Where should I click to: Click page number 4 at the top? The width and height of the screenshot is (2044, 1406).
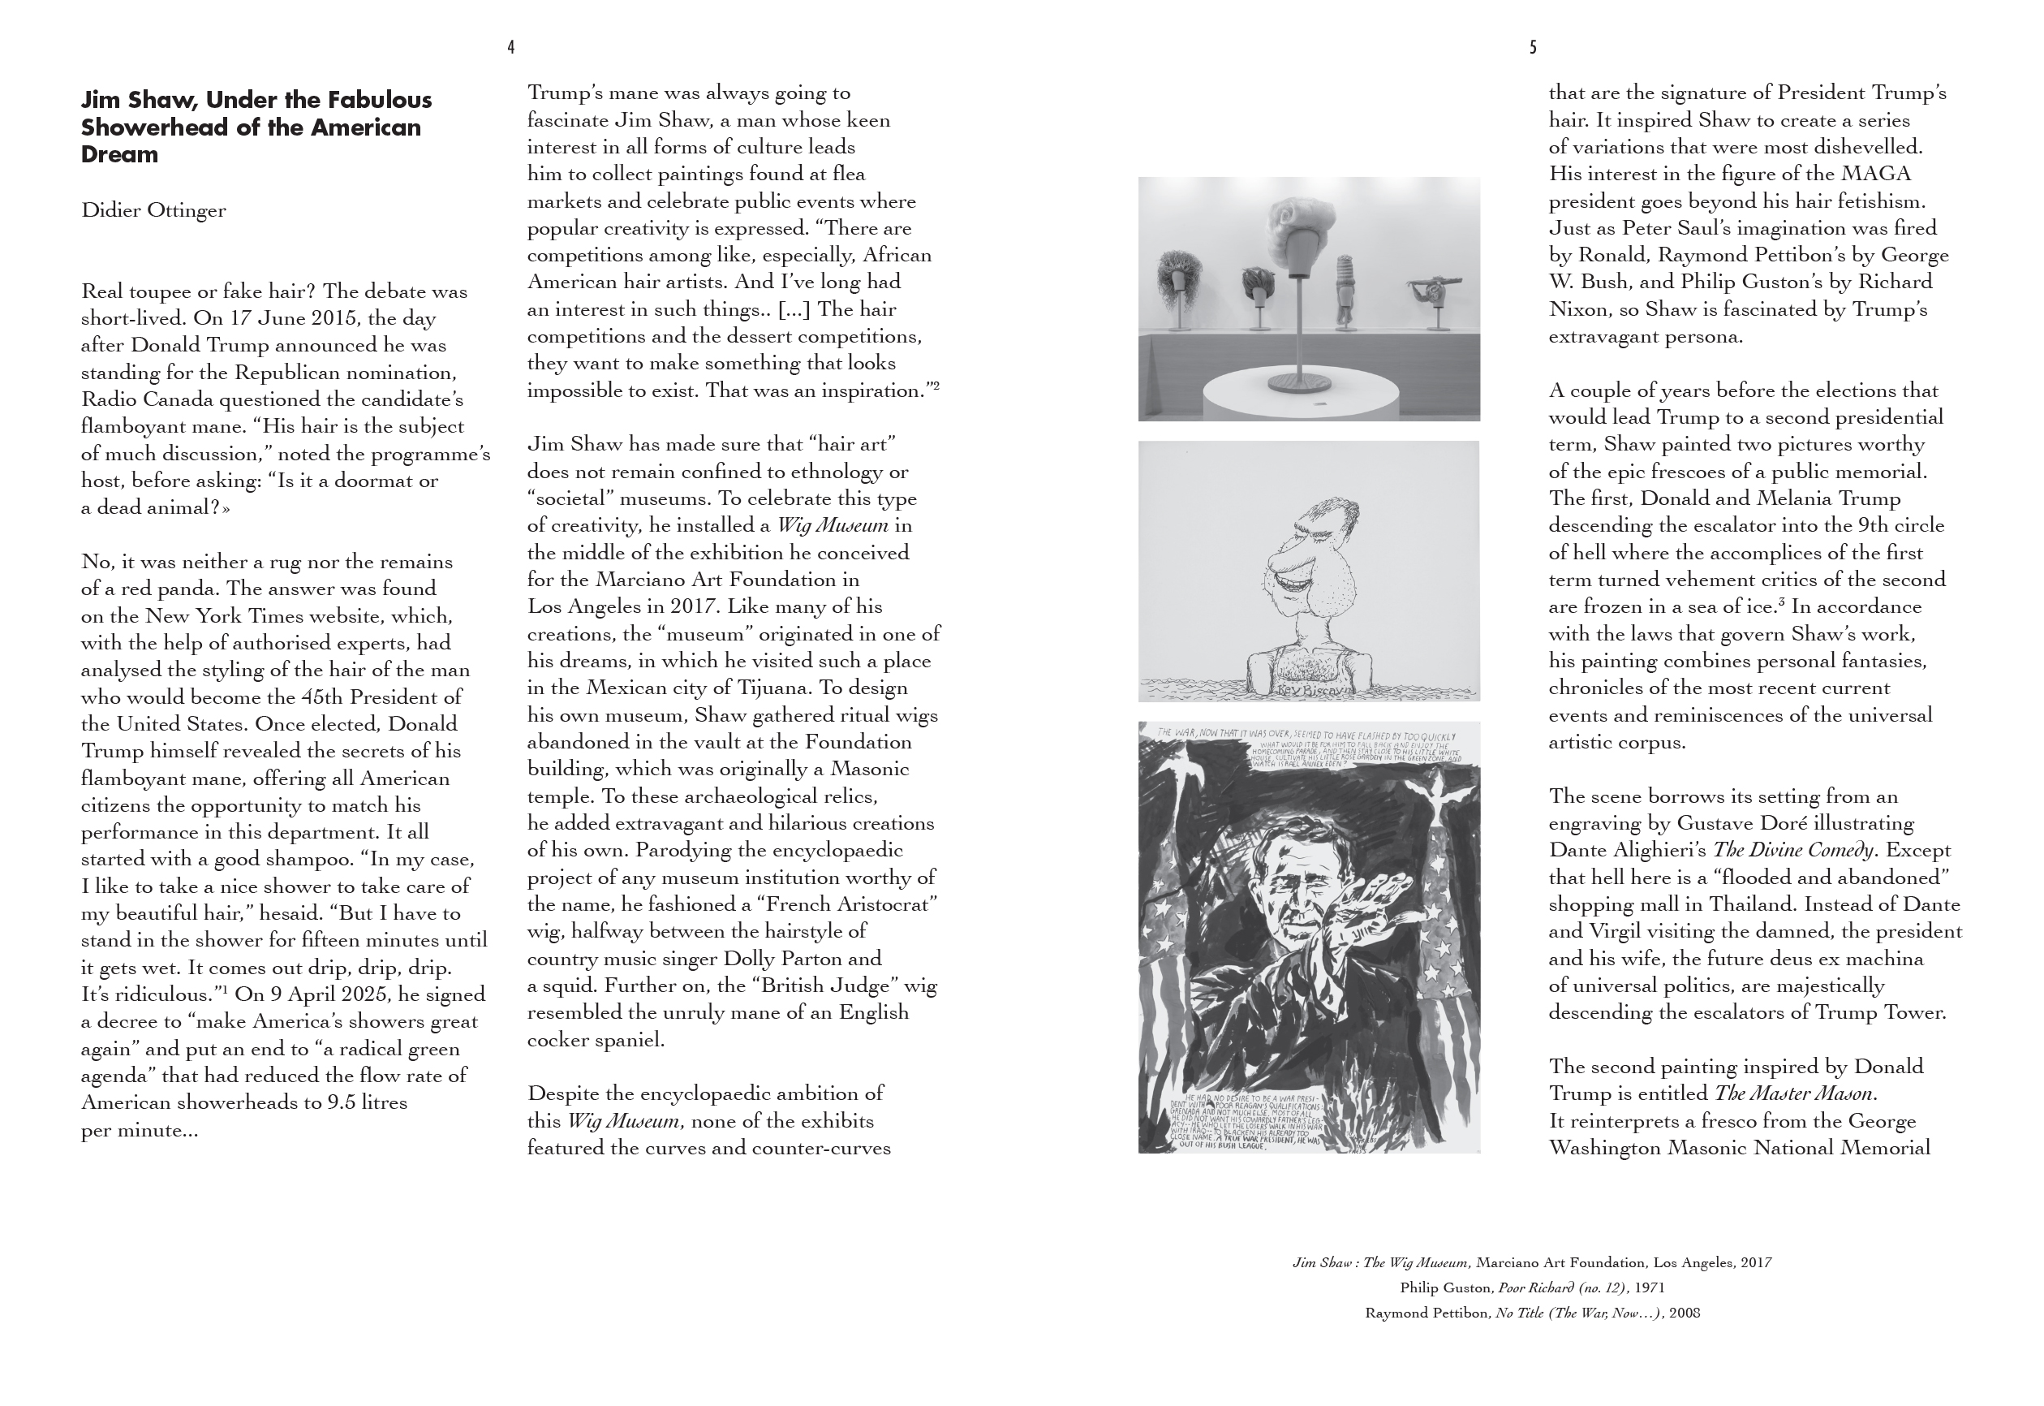[x=510, y=48]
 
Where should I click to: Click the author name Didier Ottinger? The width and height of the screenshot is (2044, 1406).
[x=153, y=210]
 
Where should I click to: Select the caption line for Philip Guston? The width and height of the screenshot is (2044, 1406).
[x=1531, y=1288]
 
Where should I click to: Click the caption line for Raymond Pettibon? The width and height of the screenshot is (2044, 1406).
[x=1531, y=1313]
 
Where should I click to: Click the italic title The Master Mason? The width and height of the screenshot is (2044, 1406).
[x=1793, y=1094]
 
